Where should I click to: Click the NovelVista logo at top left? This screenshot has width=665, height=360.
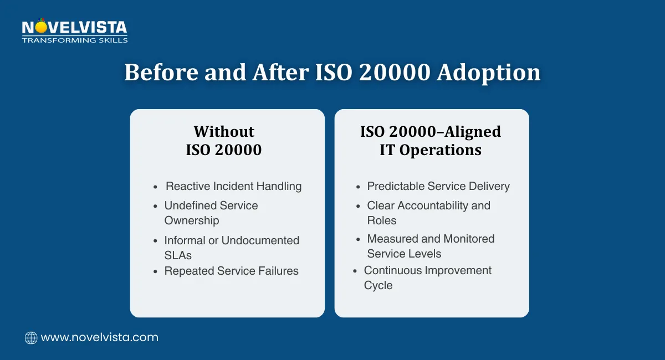(74, 28)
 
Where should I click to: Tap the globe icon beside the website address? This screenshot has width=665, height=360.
(31, 337)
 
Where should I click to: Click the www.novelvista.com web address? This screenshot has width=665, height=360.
(100, 337)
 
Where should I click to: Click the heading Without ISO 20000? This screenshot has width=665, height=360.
(224, 140)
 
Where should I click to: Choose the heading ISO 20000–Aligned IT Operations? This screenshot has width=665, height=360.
(431, 140)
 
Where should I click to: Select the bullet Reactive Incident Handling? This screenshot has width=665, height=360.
(233, 186)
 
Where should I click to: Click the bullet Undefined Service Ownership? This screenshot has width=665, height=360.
(211, 213)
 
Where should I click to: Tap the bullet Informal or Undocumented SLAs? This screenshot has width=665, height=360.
(232, 248)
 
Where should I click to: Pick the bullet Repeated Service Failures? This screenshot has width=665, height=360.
(231, 271)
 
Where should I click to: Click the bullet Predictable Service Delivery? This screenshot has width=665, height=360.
(438, 186)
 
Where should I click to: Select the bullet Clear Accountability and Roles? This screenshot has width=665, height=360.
(428, 213)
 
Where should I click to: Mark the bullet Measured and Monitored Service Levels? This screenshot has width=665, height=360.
(431, 246)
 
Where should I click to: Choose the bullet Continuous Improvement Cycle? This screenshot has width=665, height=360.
(427, 277)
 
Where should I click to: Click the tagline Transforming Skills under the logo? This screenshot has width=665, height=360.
(74, 40)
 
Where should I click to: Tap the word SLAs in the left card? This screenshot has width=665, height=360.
(178, 255)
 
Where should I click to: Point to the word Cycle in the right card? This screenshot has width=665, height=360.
(378, 285)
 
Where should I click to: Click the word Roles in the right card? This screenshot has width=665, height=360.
(381, 220)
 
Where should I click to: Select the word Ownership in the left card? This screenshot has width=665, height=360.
(191, 220)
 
